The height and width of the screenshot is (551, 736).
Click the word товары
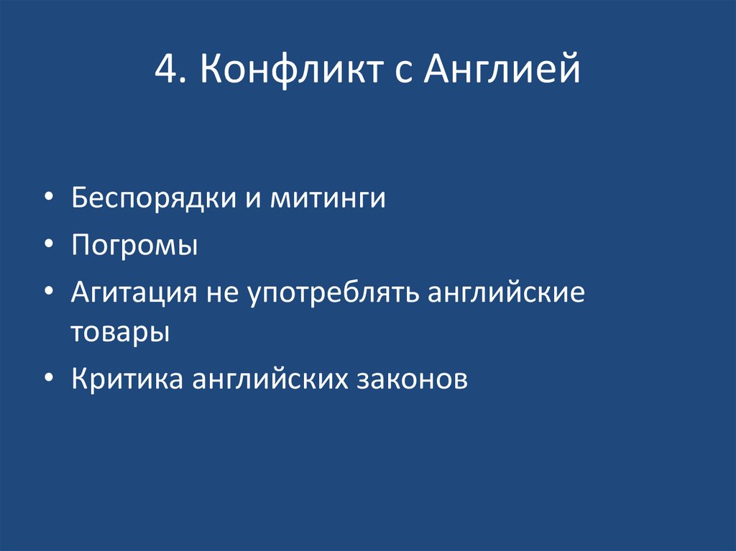[x=120, y=332]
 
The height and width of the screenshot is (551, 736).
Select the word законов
[x=412, y=379]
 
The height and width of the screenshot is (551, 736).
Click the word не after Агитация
[x=224, y=295]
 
